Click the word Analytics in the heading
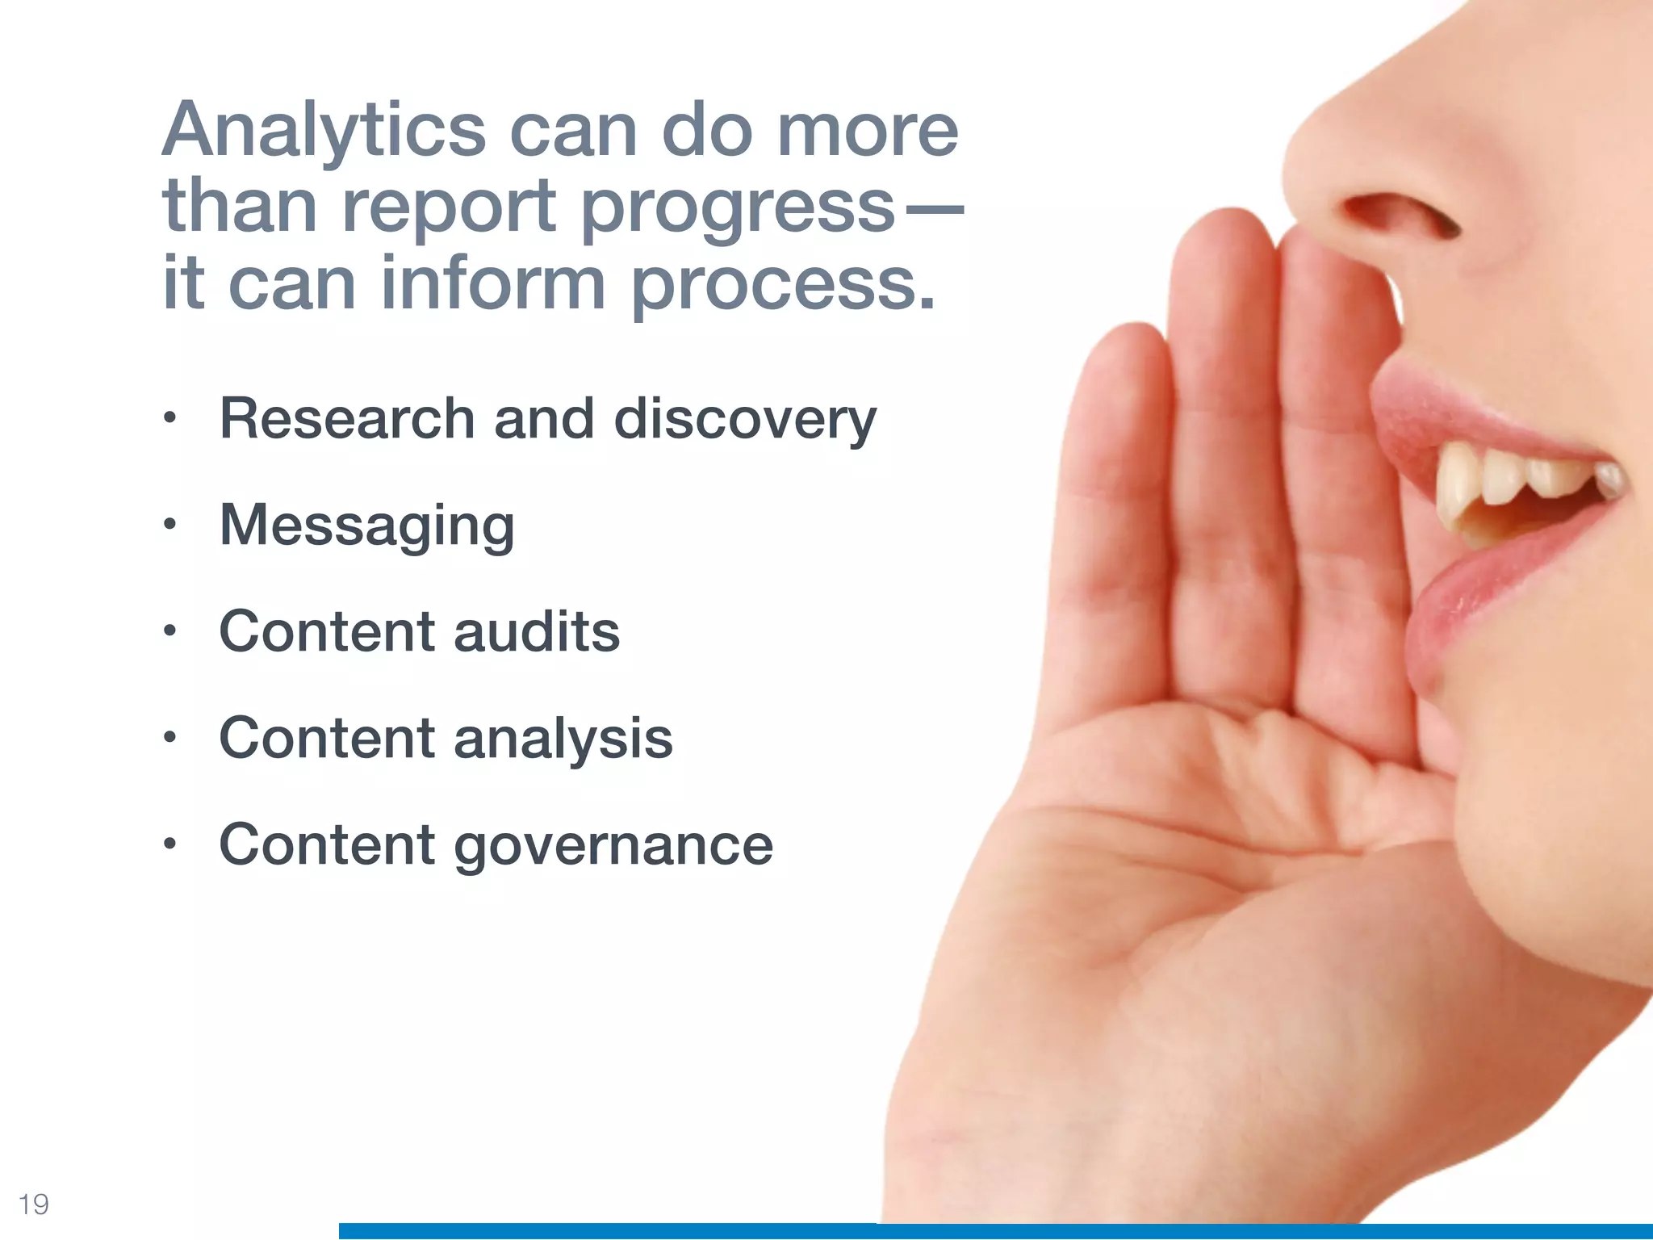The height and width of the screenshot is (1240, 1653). coord(324,132)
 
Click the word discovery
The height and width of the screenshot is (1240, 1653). coord(745,421)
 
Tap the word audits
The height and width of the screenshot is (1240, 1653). coord(536,632)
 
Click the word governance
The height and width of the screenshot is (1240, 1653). coord(613,846)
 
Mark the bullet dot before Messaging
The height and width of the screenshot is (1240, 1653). coord(169,525)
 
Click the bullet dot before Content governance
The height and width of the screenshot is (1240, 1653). coord(169,844)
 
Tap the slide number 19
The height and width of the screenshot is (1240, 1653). coord(34,1204)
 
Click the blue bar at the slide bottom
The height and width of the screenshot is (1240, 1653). coord(969,1231)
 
